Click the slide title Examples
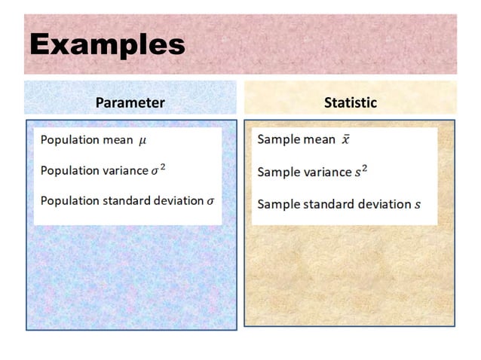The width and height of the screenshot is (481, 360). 107,44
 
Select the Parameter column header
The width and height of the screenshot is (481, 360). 130,102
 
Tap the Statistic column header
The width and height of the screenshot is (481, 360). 350,102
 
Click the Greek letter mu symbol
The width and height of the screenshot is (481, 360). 143,141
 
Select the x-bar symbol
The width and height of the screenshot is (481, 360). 345,140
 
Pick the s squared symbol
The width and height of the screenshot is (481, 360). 362,172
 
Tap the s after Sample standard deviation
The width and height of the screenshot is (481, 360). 417,204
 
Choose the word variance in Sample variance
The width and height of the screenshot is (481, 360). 328,172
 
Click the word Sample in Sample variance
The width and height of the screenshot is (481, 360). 278,172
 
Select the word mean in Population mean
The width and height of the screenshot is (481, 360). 117,140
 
